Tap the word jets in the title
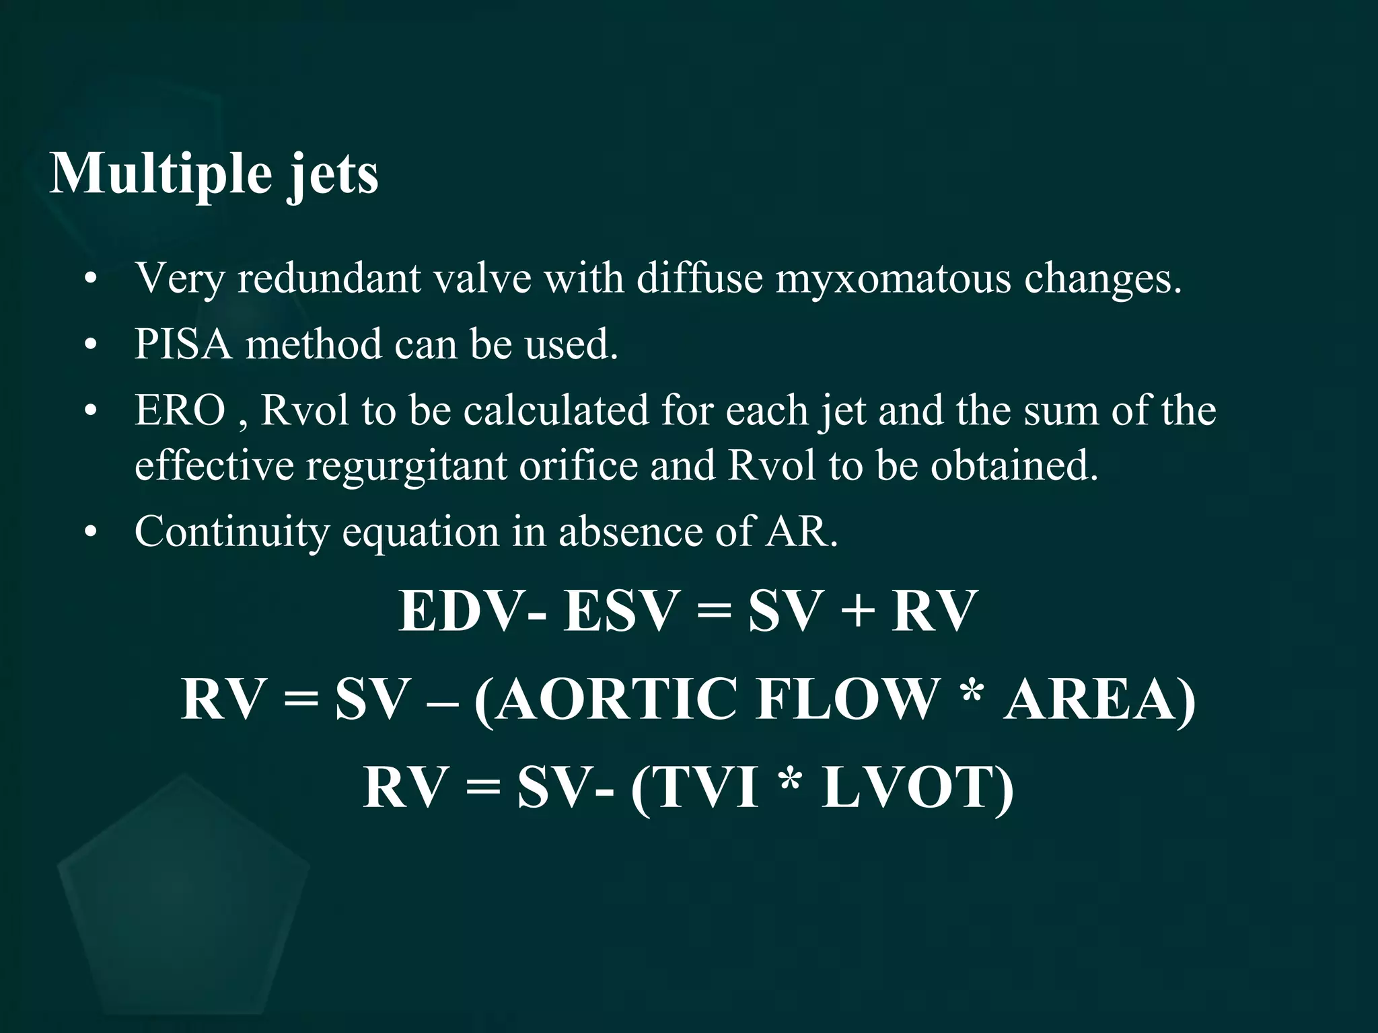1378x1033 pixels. pos(333,176)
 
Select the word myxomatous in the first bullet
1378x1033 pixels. pos(893,278)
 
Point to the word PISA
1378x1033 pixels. pos(182,344)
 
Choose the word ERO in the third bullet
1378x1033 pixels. pos(180,410)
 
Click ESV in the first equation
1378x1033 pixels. pos(619,611)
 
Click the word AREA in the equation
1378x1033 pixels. pos(1091,699)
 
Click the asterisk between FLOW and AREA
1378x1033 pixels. pos(970,693)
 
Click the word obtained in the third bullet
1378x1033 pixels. pos(1014,465)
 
